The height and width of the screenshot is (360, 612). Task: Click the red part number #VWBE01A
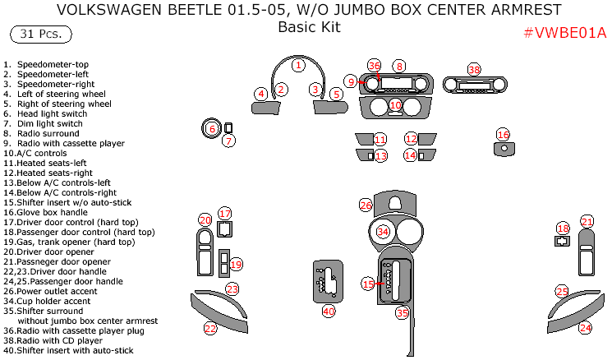[x=564, y=33]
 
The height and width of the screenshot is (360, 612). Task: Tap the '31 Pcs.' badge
[x=40, y=35]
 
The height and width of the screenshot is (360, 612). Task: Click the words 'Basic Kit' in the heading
[x=309, y=27]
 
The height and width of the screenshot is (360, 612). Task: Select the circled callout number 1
[x=299, y=65]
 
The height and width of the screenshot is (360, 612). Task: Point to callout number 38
[x=474, y=70]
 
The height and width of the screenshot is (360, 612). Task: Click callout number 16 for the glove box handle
[x=504, y=134]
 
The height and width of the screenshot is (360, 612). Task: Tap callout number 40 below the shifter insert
[x=329, y=311]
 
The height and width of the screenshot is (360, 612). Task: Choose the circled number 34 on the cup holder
[x=383, y=232]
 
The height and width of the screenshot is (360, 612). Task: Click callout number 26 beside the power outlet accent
[x=366, y=204]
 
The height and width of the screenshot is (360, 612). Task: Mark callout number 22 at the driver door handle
[x=210, y=328]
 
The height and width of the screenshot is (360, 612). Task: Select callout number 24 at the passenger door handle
[x=585, y=327]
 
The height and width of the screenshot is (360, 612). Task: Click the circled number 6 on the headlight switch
[x=211, y=128]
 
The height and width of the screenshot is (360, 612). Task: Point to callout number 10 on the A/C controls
[x=395, y=105]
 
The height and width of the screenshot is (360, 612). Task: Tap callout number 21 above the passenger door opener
[x=587, y=221]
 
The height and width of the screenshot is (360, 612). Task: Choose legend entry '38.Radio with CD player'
[x=56, y=340]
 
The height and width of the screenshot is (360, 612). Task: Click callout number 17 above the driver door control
[x=225, y=214]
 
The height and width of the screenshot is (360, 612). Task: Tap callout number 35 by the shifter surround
[x=402, y=312]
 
